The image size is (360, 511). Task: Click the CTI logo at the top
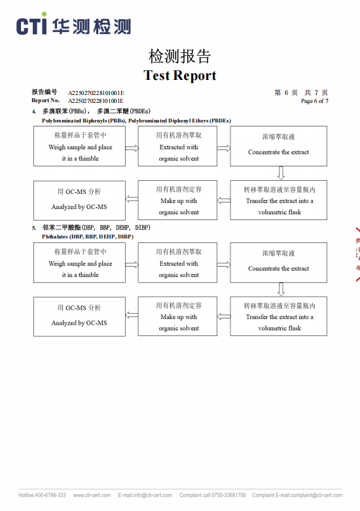point(73,24)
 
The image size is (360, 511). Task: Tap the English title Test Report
point(180,75)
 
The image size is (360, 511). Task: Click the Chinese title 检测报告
point(180,56)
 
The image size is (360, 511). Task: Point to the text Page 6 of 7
point(314,101)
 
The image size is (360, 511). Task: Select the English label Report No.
point(46,100)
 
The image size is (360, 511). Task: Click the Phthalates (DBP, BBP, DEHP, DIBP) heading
point(88,237)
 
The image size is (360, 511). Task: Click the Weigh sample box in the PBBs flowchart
point(79,146)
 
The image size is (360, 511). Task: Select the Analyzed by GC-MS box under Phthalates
point(79,316)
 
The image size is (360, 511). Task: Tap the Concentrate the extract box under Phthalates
point(279,262)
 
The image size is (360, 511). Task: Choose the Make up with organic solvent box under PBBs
point(177,200)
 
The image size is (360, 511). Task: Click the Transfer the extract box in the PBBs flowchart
point(279,200)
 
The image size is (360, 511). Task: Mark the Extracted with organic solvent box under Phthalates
point(177,262)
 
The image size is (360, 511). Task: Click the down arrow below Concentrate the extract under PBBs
point(281,173)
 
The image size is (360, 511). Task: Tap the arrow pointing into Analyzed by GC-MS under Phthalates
point(132,315)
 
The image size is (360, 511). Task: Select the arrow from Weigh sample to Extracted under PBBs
point(132,148)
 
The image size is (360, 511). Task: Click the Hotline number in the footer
point(42,495)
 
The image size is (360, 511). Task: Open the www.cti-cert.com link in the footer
point(92,495)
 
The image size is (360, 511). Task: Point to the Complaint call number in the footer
point(213,495)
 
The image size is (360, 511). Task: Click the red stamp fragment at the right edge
point(358,254)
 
